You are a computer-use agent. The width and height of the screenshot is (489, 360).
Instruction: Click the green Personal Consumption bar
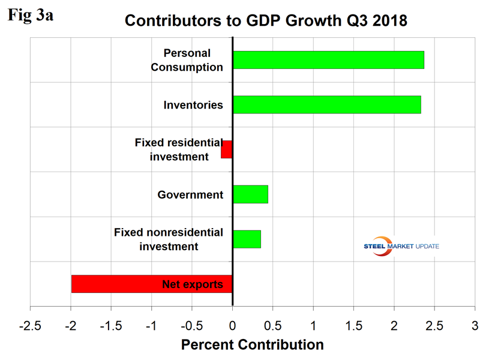click(x=328, y=60)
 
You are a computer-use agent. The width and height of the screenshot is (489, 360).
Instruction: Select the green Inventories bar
click(x=326, y=104)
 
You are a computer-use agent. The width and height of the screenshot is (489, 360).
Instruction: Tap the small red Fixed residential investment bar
click(x=226, y=149)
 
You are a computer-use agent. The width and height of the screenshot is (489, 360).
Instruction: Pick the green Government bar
click(x=250, y=194)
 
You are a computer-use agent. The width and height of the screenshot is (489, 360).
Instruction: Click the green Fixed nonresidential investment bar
click(x=247, y=239)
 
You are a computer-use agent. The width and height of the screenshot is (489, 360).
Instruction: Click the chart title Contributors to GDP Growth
click(x=266, y=21)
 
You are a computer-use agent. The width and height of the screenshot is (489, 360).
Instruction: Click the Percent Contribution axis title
click(x=252, y=345)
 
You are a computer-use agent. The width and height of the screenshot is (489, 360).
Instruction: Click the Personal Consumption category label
click(x=187, y=60)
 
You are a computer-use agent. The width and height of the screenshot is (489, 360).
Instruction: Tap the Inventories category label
click(x=193, y=105)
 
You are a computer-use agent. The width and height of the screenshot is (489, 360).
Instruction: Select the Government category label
click(x=190, y=194)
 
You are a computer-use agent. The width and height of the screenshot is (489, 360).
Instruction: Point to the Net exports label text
click(x=193, y=284)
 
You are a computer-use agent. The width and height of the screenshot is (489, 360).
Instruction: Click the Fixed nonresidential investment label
click(x=169, y=239)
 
